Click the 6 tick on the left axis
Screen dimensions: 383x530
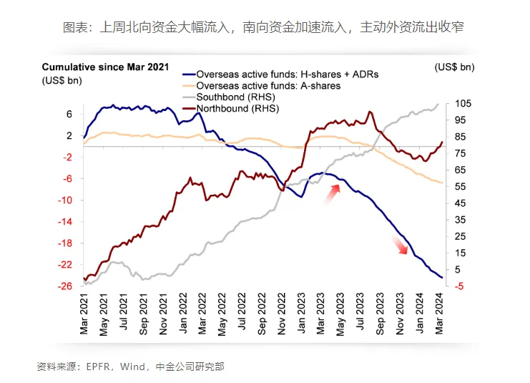coord(69,114)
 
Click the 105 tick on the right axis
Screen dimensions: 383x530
coord(463,104)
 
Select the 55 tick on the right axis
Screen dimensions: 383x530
coord(461,187)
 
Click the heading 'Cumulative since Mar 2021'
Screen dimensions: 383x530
coord(105,67)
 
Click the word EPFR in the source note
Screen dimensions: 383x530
coord(99,367)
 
